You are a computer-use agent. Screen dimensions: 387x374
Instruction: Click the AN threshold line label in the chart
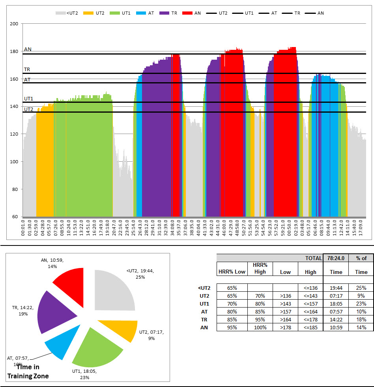[x=28, y=49]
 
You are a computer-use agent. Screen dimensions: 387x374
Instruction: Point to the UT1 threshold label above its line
[x=28, y=99]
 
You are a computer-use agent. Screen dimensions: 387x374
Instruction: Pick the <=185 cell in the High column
[x=310, y=327]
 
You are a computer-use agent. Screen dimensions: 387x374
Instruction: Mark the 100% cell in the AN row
[x=260, y=327]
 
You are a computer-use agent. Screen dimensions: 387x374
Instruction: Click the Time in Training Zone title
[x=32, y=371]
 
